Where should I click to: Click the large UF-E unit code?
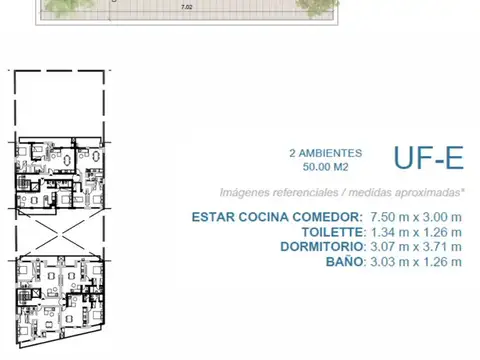click(426, 159)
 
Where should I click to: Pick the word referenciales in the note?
click(310, 192)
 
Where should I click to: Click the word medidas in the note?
click(376, 192)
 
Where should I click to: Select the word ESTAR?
click(242, 217)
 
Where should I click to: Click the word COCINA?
click(297, 217)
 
